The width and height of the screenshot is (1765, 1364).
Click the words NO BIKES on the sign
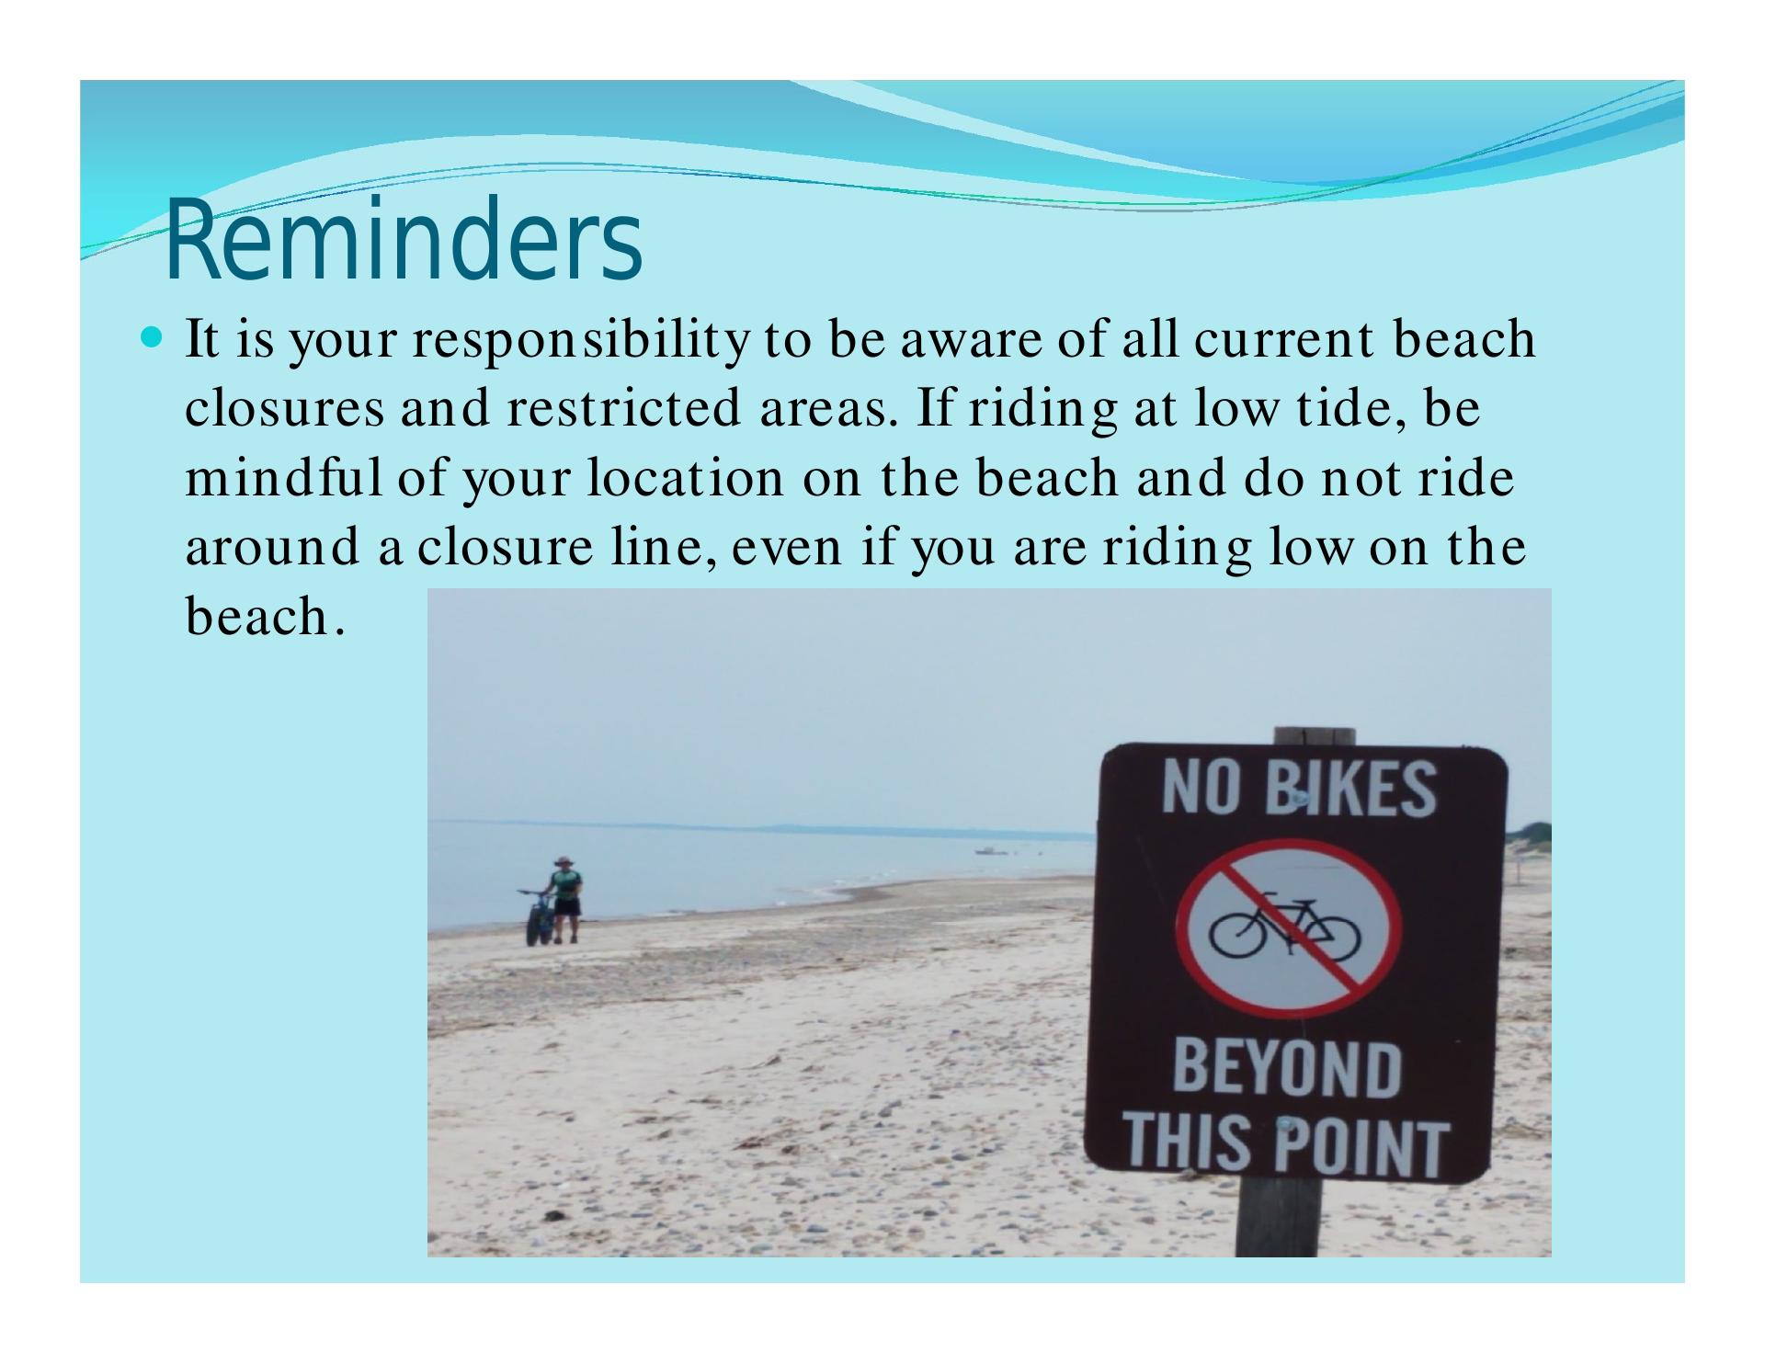tap(1298, 789)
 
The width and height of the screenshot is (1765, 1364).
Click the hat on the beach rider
tap(564, 861)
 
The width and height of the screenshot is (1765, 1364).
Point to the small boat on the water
tap(989, 851)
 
